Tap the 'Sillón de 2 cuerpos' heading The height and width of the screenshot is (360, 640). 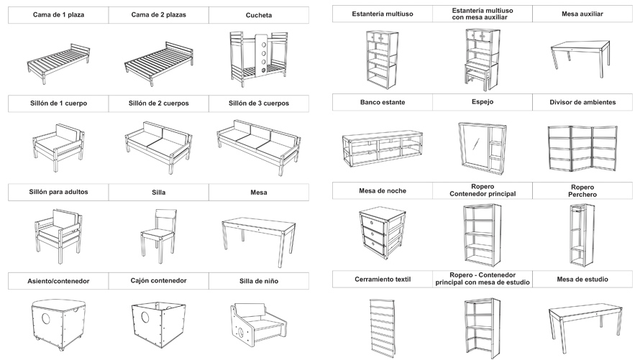(x=158, y=103)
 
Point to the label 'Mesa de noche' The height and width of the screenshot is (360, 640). (x=382, y=191)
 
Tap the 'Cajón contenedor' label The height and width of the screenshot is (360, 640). (x=158, y=280)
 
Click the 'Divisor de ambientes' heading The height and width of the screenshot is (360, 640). (x=582, y=103)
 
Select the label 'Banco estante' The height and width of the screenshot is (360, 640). (x=382, y=103)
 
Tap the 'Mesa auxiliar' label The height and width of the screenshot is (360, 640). (x=582, y=14)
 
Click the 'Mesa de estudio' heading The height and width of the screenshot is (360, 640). (x=582, y=279)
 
